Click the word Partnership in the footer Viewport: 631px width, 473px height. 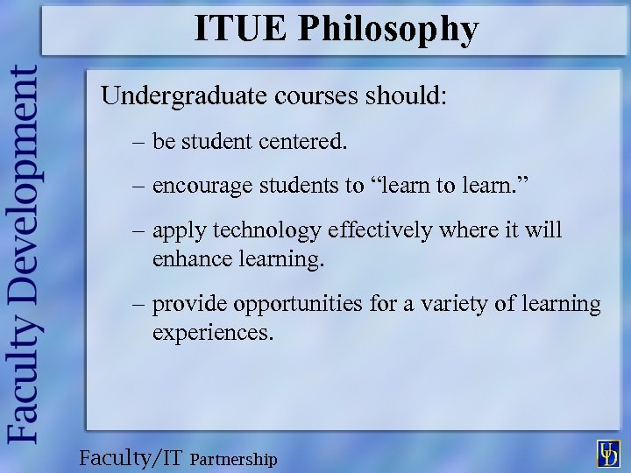[233, 459]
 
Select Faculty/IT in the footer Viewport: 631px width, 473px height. [131, 456]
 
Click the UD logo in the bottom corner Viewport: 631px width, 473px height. [608, 453]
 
